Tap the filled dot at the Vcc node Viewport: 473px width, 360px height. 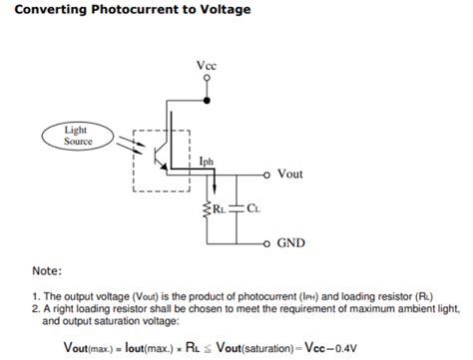tap(207, 101)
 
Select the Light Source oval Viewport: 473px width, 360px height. tap(77, 136)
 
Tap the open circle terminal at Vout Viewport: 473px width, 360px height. tap(265, 174)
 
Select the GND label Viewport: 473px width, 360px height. tap(291, 242)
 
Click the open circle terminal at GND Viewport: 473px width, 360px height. tap(265, 242)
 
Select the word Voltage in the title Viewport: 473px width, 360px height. tap(221, 10)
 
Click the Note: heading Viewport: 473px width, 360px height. tap(47, 270)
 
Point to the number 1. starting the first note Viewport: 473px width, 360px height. tap(34, 296)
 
